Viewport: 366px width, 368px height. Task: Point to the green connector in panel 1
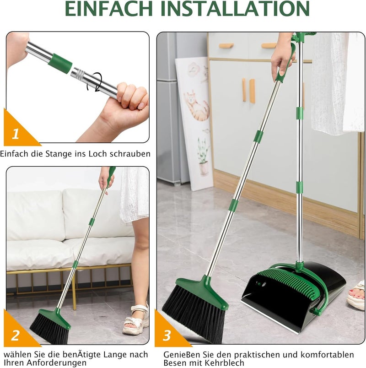[x=60, y=63]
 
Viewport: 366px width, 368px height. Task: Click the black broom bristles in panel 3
[x=194, y=314]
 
